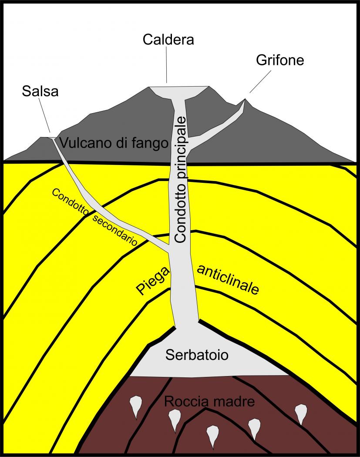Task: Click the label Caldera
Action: [x=168, y=40]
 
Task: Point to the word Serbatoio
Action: [x=197, y=355]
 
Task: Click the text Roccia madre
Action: [x=209, y=401]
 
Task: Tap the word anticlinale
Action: [x=228, y=279]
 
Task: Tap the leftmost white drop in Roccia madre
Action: [x=136, y=405]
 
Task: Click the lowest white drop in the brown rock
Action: [x=212, y=436]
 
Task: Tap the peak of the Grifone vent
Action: [x=245, y=100]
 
